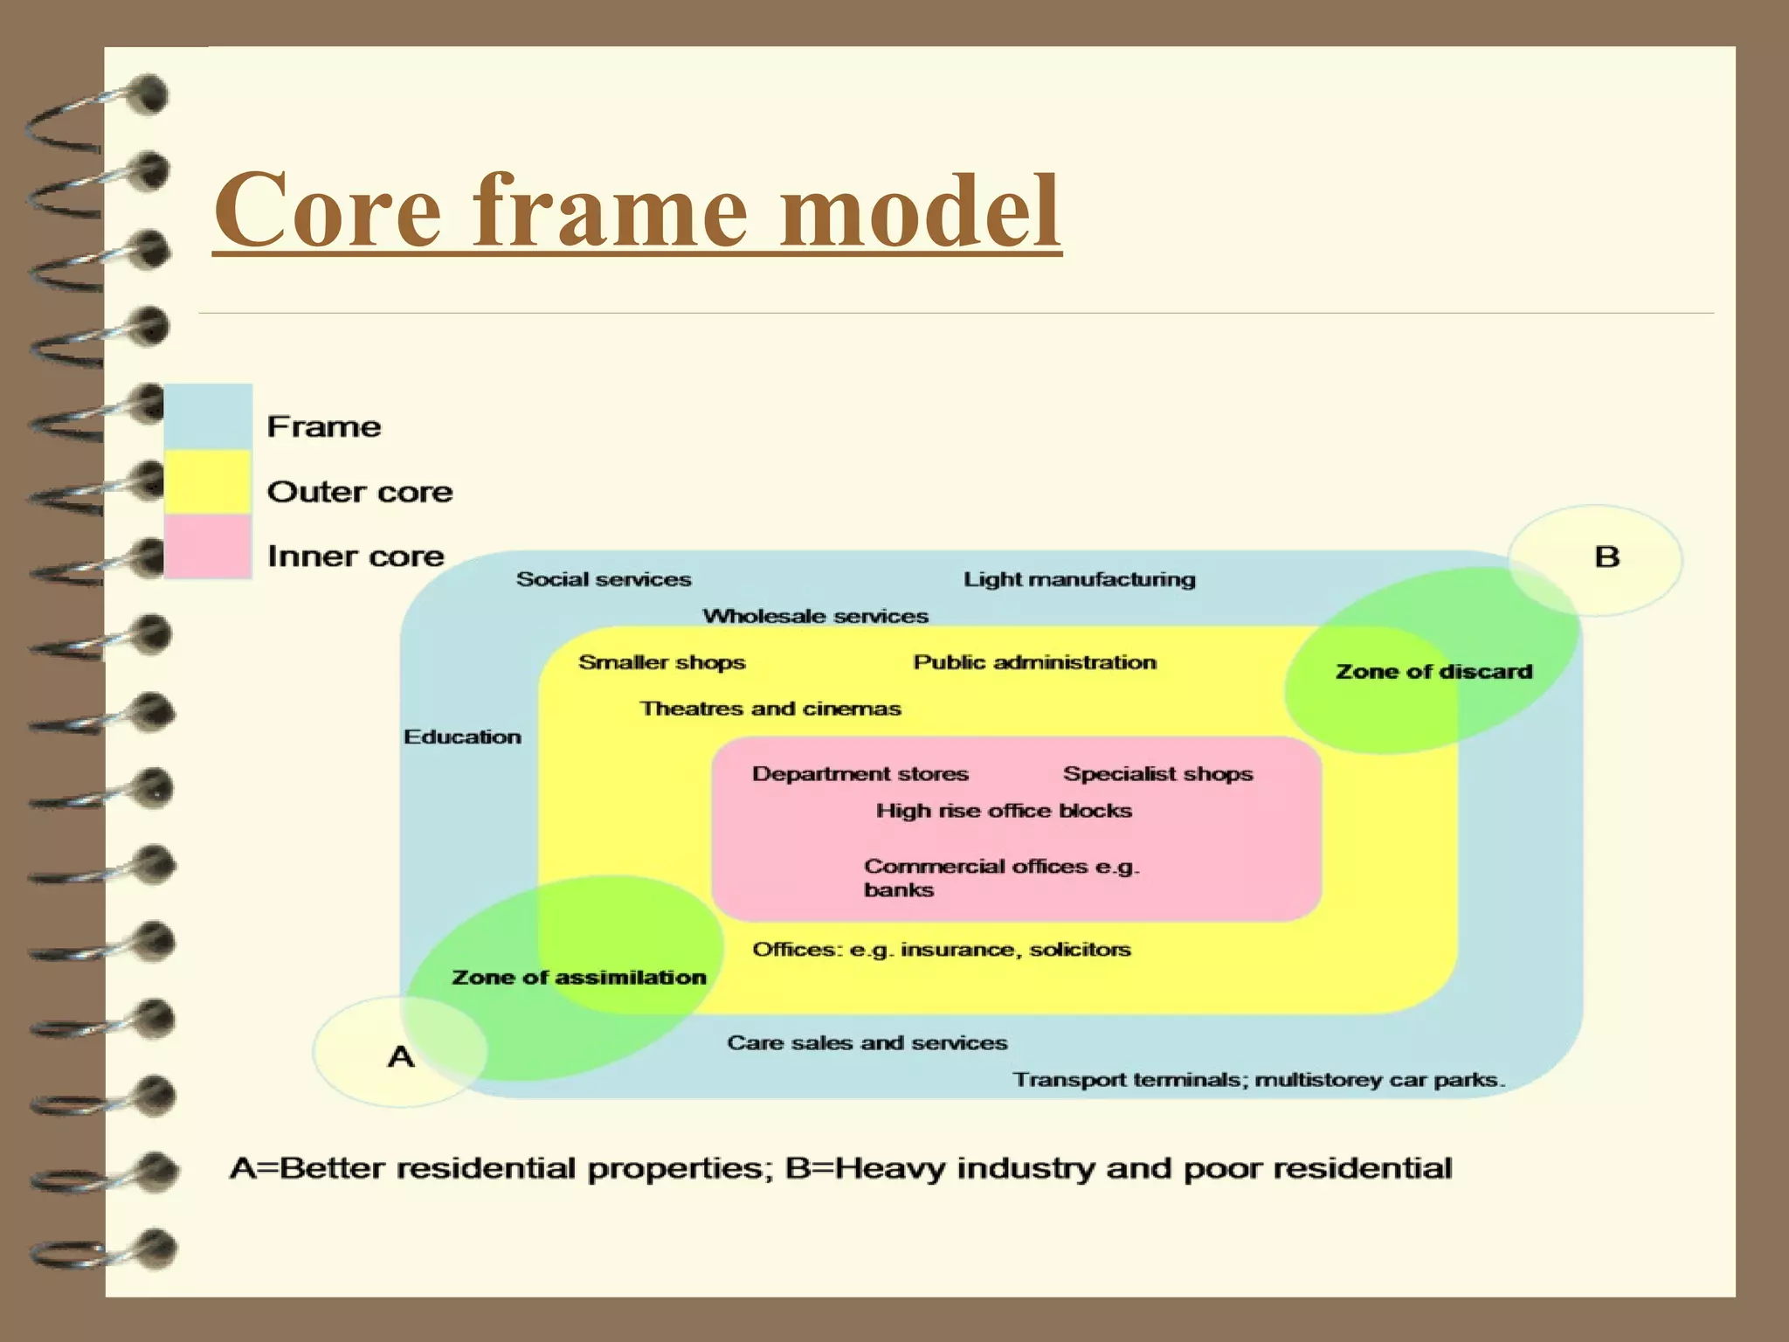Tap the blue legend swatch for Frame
208,417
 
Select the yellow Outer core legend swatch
208,481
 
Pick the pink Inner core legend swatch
208,546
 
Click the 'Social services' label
604,579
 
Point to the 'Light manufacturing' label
1080,579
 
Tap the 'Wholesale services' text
815,617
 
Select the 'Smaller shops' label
662,662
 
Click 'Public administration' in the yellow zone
1035,662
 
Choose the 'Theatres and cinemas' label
770,709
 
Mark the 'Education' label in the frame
462,737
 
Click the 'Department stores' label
860,774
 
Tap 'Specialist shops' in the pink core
1158,774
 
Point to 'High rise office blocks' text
1005,811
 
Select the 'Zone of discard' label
1434,672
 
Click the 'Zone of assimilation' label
579,978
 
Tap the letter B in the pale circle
1607,557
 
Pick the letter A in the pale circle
401,1057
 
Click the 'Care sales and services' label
867,1043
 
